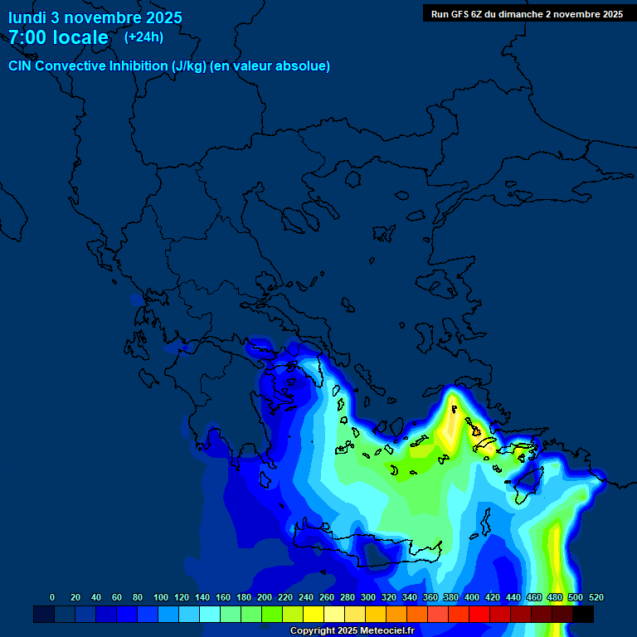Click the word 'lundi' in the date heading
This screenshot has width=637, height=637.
click(27, 17)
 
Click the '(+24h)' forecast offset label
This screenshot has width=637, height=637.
click(143, 37)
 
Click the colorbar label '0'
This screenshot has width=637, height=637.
click(52, 597)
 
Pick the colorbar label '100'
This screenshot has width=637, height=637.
click(161, 597)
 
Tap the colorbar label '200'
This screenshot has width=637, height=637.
click(265, 597)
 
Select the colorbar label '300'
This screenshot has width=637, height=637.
click(368, 597)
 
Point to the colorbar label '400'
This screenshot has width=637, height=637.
click(472, 597)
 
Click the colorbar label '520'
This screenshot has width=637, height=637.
click(596, 597)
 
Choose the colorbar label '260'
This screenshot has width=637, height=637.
click(327, 597)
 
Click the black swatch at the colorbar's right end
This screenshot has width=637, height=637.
click(583, 614)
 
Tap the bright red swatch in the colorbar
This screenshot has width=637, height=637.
click(479, 614)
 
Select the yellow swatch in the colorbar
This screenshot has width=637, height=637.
click(314, 614)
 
